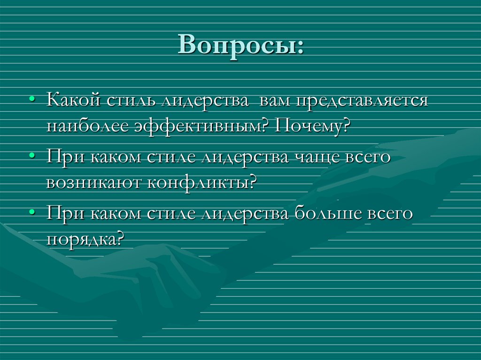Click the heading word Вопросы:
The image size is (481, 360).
240,46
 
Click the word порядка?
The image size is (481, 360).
85,240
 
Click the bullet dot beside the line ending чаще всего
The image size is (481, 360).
31,157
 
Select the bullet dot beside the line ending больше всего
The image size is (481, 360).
31,213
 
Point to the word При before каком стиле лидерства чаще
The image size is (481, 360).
63,157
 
